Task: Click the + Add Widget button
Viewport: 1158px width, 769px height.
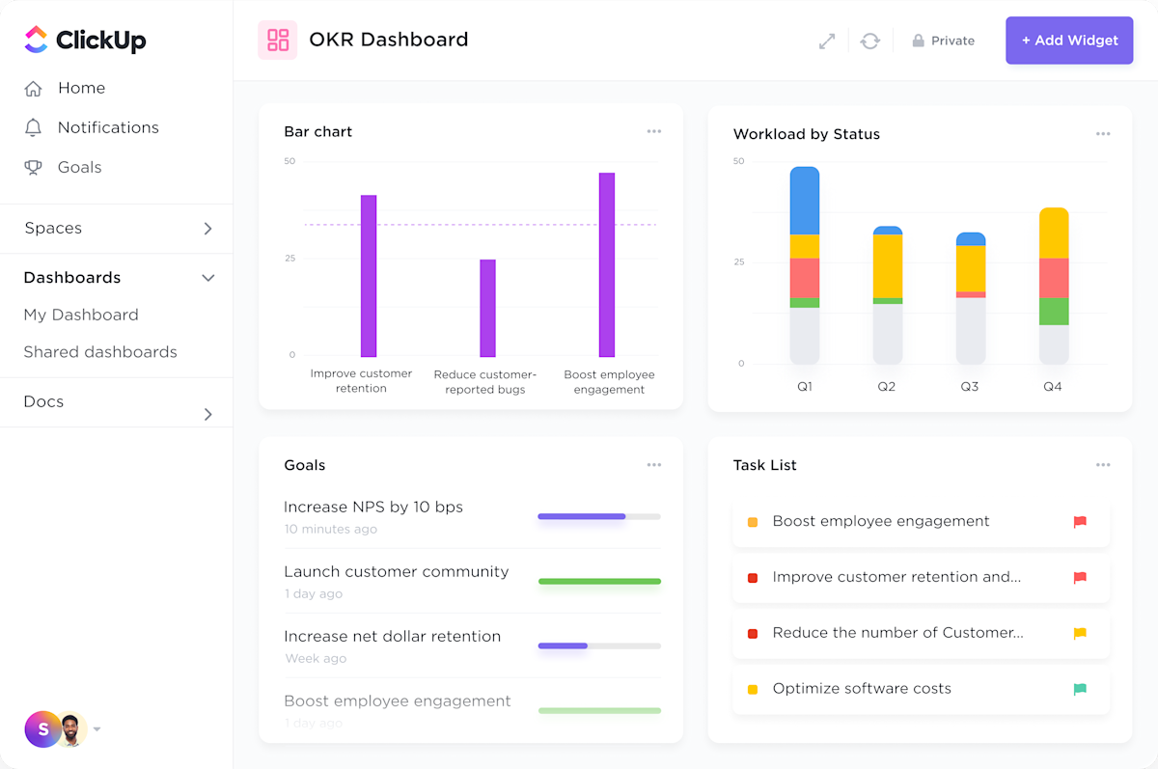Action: [1069, 41]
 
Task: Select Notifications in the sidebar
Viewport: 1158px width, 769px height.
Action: [107, 127]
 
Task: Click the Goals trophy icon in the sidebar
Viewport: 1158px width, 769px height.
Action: [34, 167]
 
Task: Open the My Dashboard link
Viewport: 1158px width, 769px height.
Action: [81, 315]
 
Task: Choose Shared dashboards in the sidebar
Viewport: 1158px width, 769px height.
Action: [100, 352]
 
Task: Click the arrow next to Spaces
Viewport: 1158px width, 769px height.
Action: [207, 229]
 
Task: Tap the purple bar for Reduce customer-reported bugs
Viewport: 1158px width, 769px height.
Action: [487, 308]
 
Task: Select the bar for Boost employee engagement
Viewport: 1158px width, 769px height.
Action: [607, 265]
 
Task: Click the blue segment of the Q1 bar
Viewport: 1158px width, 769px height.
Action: [804, 201]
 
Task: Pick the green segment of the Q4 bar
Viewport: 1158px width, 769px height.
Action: [1053, 312]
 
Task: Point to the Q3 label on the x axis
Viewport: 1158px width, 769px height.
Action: [969, 386]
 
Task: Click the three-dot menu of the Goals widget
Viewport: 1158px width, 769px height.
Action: [654, 465]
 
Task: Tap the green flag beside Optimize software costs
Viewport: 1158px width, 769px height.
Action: [1080, 689]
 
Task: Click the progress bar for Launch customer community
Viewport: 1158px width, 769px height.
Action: [599, 581]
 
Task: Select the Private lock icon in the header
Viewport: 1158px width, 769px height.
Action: [918, 41]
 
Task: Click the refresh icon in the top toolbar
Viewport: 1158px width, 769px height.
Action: [870, 41]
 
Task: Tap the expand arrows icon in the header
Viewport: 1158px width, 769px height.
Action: [827, 41]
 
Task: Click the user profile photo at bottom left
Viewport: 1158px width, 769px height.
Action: [71, 729]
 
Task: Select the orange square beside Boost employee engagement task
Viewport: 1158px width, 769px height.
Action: [753, 522]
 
